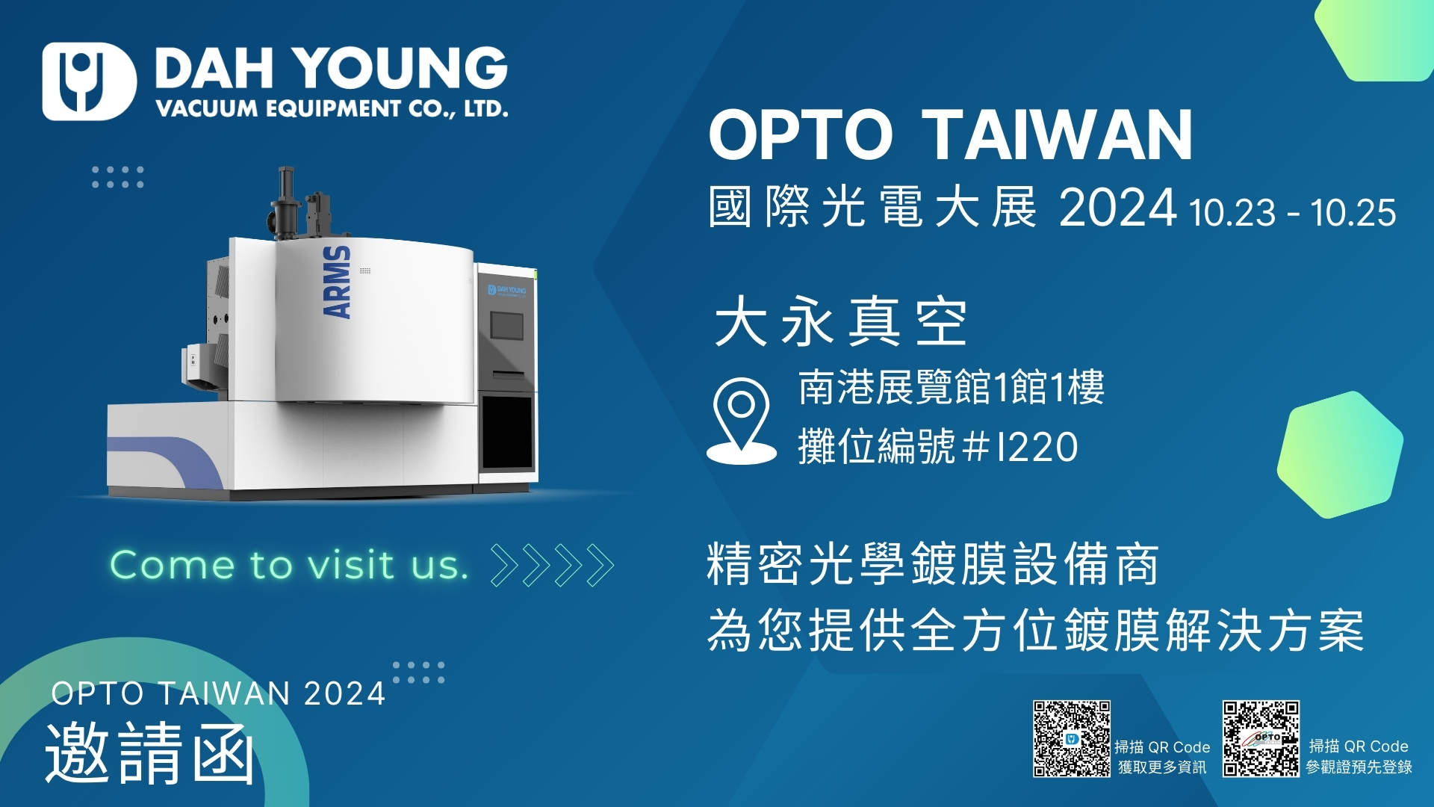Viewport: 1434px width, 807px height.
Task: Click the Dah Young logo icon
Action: pyautogui.click(x=89, y=81)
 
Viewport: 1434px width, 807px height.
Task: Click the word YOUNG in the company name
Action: pyautogui.click(x=404, y=68)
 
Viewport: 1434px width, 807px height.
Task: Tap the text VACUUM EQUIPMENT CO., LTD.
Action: pyautogui.click(x=332, y=109)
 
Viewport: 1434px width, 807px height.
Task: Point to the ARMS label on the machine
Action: pyautogui.click(x=337, y=282)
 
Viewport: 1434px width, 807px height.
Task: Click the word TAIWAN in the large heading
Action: pyautogui.click(x=1057, y=135)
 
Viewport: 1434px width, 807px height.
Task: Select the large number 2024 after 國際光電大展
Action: pyautogui.click(x=1118, y=208)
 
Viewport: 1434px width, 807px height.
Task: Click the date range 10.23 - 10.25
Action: pyautogui.click(x=1293, y=213)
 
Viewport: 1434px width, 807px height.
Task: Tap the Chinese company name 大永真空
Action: pyautogui.click(x=841, y=321)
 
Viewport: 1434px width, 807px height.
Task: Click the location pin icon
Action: pyautogui.click(x=742, y=421)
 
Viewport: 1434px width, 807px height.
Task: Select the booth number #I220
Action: pyautogui.click(x=1020, y=447)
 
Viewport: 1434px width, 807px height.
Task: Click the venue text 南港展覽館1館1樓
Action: pyautogui.click(x=952, y=387)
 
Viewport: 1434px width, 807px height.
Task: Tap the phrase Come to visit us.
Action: pyautogui.click(x=290, y=565)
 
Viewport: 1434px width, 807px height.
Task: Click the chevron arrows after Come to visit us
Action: pyautogui.click(x=552, y=566)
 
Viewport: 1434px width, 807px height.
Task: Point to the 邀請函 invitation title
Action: pyautogui.click(x=150, y=753)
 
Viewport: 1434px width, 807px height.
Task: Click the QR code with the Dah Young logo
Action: pyautogui.click(x=1072, y=739)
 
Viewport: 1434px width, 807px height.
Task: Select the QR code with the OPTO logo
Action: pyautogui.click(x=1261, y=739)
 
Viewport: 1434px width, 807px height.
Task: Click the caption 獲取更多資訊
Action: pyautogui.click(x=1162, y=767)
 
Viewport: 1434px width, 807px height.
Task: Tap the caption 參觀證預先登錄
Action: pyautogui.click(x=1359, y=767)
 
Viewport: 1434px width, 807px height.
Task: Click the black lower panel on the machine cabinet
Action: pyautogui.click(x=508, y=433)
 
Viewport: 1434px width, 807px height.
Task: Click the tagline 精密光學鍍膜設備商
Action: pyautogui.click(x=933, y=564)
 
